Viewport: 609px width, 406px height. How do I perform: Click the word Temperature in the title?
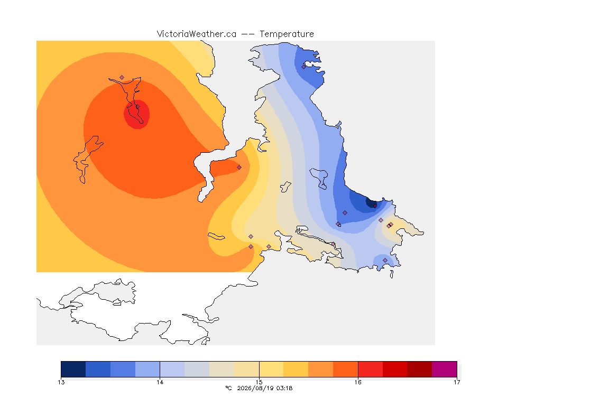click(287, 34)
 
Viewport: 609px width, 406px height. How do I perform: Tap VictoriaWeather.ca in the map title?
click(197, 34)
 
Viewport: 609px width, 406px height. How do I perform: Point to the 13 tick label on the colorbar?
click(61, 382)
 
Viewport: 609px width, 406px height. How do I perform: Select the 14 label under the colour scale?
click(160, 382)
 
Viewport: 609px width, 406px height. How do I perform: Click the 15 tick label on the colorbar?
click(259, 382)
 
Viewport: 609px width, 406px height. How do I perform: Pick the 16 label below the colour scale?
click(358, 382)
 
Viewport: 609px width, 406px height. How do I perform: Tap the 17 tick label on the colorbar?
click(457, 382)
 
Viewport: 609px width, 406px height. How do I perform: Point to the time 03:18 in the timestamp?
click(284, 388)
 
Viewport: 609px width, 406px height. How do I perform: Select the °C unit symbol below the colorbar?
click(228, 388)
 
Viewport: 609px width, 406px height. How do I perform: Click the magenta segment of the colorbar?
click(444, 369)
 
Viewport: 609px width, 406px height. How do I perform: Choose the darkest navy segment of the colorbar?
click(73, 369)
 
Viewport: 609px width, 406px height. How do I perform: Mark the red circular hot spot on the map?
click(137, 114)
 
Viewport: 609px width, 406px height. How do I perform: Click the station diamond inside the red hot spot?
click(137, 107)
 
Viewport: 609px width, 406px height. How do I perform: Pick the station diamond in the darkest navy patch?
click(375, 206)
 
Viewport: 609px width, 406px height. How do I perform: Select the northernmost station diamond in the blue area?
click(304, 67)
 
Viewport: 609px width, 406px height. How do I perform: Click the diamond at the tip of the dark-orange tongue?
click(239, 168)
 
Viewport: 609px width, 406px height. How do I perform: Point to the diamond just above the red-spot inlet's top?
click(122, 78)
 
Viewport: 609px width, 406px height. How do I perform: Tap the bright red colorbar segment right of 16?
click(370, 369)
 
